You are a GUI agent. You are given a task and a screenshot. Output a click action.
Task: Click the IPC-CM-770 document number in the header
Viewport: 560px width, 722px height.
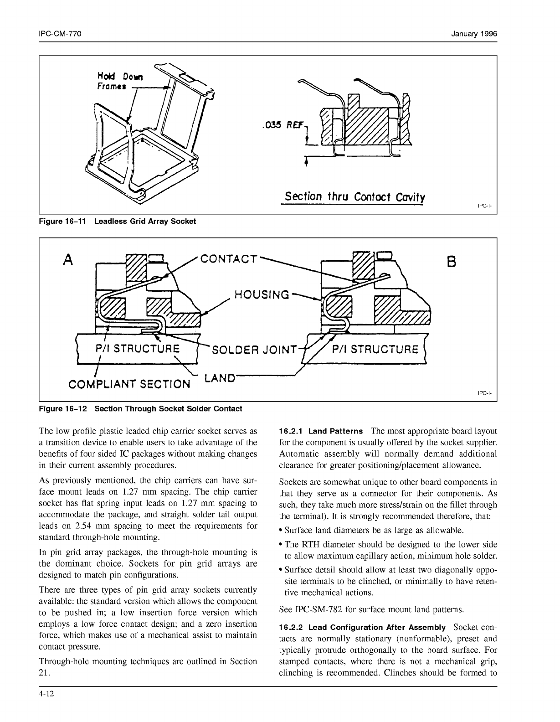click(60, 34)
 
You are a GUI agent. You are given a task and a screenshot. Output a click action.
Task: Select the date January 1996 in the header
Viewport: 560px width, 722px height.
click(474, 34)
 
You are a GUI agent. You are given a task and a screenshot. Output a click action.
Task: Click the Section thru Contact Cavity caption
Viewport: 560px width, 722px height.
click(355, 197)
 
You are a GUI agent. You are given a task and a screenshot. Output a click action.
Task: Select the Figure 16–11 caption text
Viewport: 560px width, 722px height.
click(118, 222)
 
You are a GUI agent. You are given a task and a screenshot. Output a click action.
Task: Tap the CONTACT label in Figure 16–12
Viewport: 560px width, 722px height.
click(229, 259)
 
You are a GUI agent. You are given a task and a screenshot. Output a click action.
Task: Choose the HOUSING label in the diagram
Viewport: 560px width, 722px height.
click(262, 294)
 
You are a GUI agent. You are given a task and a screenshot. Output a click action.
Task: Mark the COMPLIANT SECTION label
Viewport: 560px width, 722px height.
click(129, 384)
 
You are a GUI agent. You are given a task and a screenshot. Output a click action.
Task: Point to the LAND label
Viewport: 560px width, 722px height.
click(220, 378)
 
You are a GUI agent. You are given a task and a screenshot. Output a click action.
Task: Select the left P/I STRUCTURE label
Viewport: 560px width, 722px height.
click(137, 349)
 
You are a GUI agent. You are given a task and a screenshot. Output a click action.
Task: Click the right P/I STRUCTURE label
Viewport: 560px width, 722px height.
click(375, 350)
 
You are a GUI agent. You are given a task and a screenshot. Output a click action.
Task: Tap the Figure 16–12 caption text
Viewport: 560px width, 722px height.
click(140, 409)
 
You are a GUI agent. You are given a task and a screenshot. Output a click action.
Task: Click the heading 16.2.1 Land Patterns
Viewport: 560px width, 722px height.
click(321, 431)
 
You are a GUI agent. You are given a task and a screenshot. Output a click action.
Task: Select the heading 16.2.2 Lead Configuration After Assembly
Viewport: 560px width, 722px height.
click(362, 628)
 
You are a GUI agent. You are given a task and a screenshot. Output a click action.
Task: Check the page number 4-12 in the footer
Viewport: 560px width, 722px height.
click(47, 694)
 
